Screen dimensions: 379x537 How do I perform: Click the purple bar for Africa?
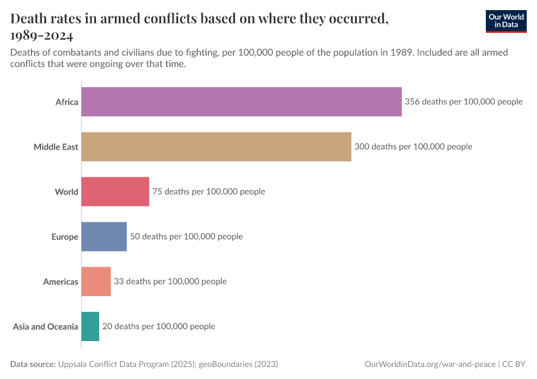tap(241, 102)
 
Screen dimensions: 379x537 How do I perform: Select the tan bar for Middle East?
tap(216, 147)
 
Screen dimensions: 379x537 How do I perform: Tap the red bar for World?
tap(115, 191)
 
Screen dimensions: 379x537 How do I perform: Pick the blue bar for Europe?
tap(104, 237)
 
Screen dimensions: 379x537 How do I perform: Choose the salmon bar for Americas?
tap(96, 282)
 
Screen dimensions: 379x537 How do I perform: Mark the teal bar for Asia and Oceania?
tap(90, 327)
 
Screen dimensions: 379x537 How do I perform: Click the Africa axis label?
tap(66, 102)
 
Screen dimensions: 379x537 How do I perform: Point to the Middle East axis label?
tap(56, 147)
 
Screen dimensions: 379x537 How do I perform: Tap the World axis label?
tap(66, 191)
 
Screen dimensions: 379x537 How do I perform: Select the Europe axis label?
tap(64, 237)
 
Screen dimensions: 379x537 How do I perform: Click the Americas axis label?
tap(61, 282)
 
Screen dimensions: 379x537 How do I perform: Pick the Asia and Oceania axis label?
tap(45, 327)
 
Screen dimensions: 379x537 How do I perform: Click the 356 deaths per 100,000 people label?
tap(464, 102)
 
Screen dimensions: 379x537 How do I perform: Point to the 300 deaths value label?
tap(413, 147)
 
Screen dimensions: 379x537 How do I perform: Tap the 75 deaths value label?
tap(208, 191)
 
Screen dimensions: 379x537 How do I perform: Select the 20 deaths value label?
tap(159, 327)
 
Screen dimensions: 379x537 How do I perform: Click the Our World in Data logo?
tap(505, 21)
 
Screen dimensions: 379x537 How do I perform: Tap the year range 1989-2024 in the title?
tap(42, 35)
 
